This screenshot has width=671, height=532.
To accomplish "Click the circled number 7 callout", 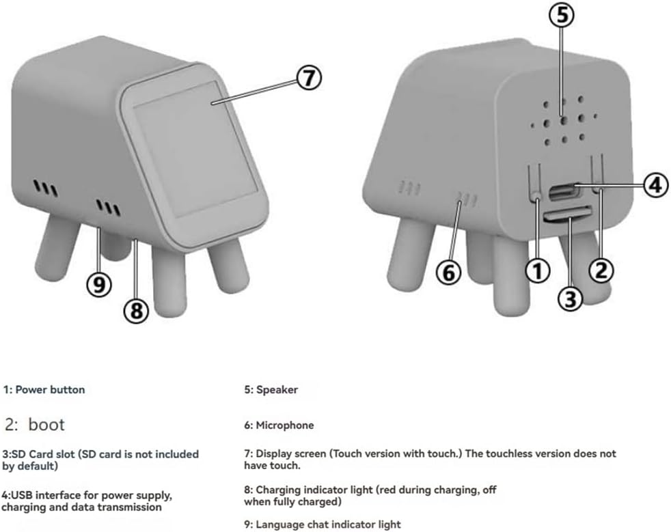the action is [309, 78].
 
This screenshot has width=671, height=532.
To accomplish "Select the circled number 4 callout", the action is [655, 185].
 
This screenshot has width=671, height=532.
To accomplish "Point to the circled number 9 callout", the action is [99, 284].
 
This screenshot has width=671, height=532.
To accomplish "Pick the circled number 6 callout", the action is [448, 272].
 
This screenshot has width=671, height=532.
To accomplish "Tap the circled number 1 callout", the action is [538, 270].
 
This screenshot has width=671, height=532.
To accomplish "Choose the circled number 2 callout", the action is [601, 270].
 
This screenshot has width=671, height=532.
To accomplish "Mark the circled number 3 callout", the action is [570, 298].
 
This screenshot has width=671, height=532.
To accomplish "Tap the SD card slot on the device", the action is [567, 214].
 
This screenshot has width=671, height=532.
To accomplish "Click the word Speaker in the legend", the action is [277, 389].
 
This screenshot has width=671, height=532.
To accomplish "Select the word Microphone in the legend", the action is [284, 425].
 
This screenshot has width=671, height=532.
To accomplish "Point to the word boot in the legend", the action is [46, 425].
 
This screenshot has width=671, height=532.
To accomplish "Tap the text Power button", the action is [50, 389].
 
